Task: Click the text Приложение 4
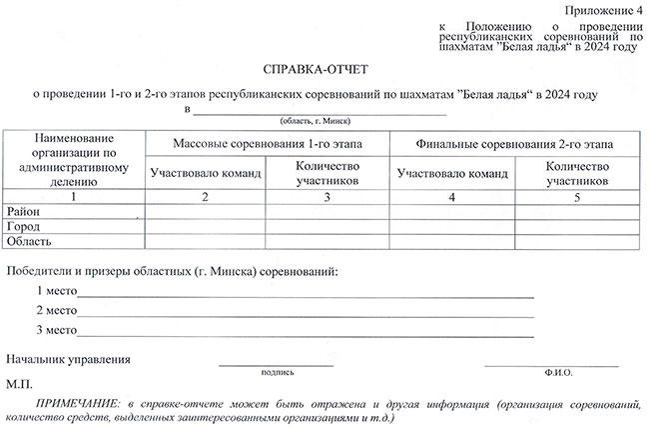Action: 603,10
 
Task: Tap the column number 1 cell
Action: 75,197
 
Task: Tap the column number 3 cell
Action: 326,197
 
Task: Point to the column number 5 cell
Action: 577,197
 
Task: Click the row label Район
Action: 26,212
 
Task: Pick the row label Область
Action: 31,242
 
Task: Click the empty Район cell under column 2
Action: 205,212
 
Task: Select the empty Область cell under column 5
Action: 577,242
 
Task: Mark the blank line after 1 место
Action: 305,295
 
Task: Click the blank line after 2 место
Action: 305,314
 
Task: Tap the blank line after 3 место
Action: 305,332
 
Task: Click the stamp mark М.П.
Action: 19,384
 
